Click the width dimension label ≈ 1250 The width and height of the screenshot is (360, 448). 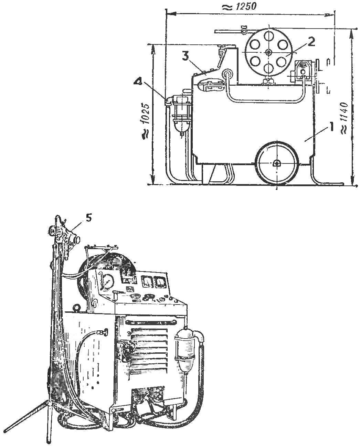pyautogui.click(x=239, y=7)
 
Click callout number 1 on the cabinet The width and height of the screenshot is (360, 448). pyautogui.click(x=331, y=127)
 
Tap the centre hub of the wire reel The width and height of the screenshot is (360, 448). pyautogui.click(x=269, y=52)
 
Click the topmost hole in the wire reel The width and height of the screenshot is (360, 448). pyautogui.click(x=269, y=35)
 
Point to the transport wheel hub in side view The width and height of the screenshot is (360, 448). pyautogui.click(x=276, y=163)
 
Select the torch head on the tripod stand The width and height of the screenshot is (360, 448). pyautogui.click(x=64, y=233)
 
